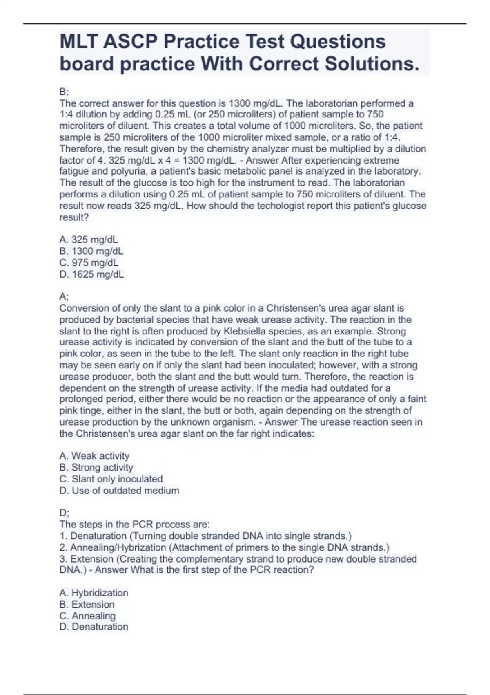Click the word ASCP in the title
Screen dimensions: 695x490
tap(132, 42)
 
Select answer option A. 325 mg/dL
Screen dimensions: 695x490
tap(89, 240)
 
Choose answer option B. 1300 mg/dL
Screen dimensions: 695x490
tap(91, 251)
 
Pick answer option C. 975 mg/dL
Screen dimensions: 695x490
tap(89, 262)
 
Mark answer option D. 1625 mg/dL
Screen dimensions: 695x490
tap(91, 274)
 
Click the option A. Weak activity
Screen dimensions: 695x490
tap(94, 456)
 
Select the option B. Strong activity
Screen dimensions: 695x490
tap(96, 467)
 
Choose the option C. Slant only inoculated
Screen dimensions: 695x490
tap(111, 479)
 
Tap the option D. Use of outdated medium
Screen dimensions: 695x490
tap(119, 491)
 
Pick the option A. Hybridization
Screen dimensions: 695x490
tap(94, 593)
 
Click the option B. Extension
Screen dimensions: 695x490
tap(87, 604)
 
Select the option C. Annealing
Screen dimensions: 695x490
tap(87, 616)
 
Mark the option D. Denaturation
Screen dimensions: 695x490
tap(94, 627)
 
